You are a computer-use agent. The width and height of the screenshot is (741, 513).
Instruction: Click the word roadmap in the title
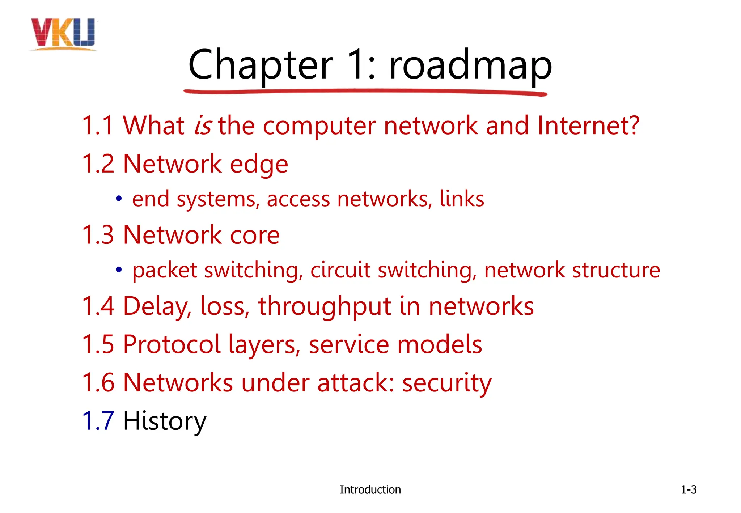coord(470,65)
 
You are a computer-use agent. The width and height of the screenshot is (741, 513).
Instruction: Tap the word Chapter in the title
coord(261,65)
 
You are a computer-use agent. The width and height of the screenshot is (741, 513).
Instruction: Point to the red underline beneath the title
coord(365,92)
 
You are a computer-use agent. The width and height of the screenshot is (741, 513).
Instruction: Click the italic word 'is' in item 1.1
coord(203,126)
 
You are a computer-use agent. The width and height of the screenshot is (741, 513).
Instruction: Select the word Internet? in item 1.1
coord(588,126)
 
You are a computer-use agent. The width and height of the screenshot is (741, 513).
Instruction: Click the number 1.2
coord(98,164)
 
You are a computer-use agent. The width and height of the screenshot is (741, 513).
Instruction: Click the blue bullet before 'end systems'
coord(118,199)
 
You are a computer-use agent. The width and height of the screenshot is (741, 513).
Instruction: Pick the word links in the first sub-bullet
coord(462,199)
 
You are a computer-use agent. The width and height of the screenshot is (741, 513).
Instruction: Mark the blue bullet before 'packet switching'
coord(118,270)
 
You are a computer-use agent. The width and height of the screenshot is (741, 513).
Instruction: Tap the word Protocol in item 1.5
coord(172,344)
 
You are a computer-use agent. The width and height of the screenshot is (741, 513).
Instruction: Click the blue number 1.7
coord(98,421)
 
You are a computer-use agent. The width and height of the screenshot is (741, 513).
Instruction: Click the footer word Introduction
coord(370,489)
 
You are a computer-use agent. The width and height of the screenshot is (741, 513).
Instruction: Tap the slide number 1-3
coord(689,489)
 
